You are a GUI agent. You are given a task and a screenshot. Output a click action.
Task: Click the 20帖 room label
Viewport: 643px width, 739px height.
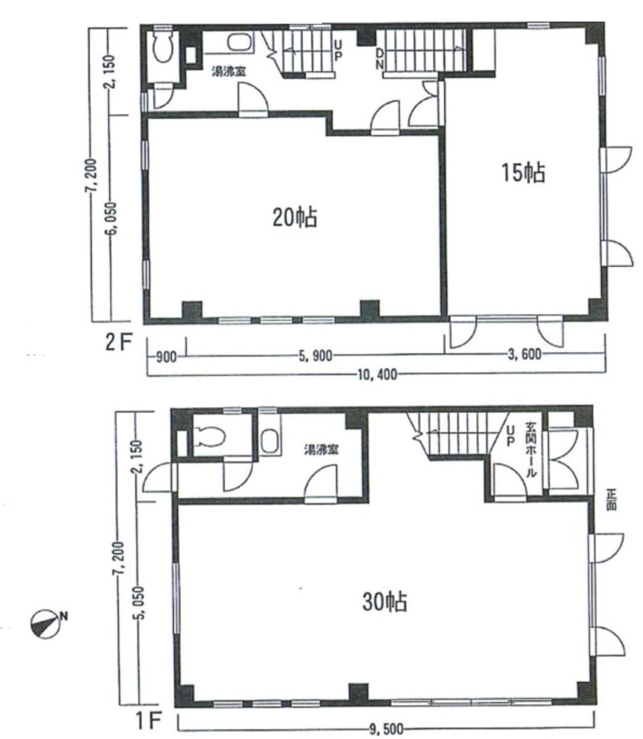295,218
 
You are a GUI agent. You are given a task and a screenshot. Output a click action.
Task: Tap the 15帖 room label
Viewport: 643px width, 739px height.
523,173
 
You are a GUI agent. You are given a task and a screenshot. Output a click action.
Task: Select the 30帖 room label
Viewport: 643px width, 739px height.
385,602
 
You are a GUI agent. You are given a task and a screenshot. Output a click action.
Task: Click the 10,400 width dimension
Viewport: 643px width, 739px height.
377,375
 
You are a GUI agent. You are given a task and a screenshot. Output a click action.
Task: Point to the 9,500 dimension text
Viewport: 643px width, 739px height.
387,730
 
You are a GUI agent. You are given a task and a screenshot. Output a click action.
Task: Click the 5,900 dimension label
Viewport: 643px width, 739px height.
316,356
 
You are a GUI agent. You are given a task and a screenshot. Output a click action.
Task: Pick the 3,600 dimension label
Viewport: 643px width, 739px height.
525,354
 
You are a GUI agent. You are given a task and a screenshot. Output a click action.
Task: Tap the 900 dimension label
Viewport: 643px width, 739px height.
166,357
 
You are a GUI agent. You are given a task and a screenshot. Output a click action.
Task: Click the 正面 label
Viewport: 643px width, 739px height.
612,500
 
